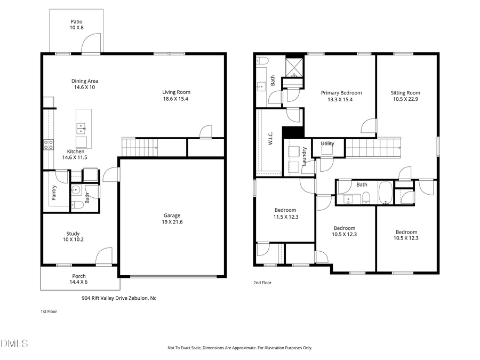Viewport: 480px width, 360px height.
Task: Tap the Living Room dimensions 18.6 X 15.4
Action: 176,99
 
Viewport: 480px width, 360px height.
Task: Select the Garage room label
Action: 172,215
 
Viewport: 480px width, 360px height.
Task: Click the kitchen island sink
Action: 82,128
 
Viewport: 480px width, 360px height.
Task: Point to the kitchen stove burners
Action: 48,143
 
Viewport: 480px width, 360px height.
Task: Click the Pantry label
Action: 54,193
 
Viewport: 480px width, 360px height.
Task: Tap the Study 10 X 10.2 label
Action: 73,236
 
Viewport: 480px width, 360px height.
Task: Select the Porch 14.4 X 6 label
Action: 79,279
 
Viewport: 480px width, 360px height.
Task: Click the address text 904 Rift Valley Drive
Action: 118,298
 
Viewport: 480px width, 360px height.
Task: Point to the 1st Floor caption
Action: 49,311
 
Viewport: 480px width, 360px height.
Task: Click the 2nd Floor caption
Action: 262,283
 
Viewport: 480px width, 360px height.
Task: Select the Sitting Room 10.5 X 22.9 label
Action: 405,96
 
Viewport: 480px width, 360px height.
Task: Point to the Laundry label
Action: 305,156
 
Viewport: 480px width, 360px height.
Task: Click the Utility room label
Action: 327,143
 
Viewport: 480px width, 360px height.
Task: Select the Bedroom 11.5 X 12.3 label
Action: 285,213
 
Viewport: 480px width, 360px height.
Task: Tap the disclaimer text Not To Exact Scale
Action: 239,348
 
